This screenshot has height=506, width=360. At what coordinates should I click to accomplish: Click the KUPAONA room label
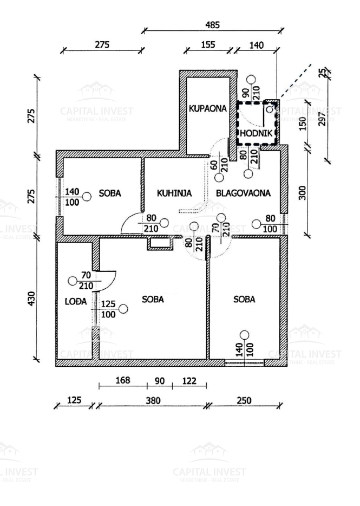[x=207, y=108]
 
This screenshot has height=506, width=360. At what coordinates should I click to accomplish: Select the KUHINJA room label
[x=174, y=193]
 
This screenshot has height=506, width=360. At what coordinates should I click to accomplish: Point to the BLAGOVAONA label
[x=243, y=193]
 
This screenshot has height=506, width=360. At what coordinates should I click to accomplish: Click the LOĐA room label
[x=71, y=299]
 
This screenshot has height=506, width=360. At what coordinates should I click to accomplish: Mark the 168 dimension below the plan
[x=123, y=381]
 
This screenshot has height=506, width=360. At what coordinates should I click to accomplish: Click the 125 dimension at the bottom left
[x=74, y=400]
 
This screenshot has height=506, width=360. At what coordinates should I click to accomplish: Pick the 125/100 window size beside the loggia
[x=108, y=309]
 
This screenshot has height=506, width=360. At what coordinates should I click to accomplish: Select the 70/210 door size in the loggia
[x=85, y=281]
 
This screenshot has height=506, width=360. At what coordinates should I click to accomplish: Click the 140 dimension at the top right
[x=257, y=46]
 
